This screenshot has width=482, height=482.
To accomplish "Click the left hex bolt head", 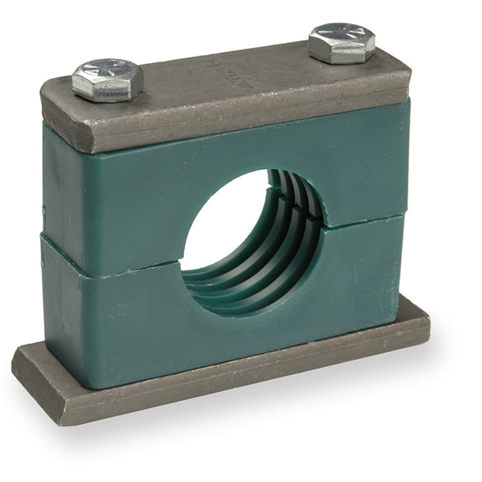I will point(107,80).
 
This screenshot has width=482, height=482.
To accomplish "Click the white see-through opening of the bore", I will point(222,219).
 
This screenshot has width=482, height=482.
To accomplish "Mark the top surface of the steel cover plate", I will point(257,77).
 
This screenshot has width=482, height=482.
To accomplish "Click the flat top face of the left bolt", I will point(107,72).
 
